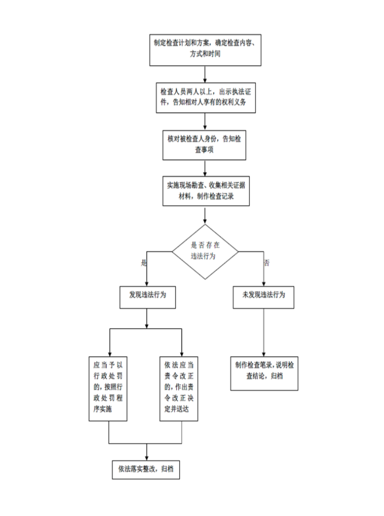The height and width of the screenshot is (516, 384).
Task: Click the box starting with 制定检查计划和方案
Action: coord(205,50)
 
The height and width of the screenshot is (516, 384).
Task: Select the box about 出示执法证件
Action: coord(205,98)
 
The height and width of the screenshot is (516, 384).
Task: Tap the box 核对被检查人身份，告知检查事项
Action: coord(204,145)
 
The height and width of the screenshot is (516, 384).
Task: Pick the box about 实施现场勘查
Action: coord(206,191)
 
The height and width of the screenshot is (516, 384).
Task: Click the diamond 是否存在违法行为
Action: coord(205,252)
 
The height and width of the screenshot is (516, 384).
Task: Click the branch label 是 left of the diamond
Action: coord(144,263)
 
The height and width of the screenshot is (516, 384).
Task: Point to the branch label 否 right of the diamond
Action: coord(266,263)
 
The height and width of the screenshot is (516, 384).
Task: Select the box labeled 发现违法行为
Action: coord(147,297)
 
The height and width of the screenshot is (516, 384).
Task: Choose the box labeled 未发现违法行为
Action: coord(263,297)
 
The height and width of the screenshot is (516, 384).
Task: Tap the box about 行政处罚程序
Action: coord(108,389)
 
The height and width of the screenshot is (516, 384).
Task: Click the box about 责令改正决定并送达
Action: coord(179,389)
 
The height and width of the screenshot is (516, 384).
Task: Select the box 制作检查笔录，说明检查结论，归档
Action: coord(264,373)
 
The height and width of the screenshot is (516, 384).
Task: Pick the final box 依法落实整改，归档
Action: coord(146,470)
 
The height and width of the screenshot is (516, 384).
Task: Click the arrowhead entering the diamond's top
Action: coord(205,222)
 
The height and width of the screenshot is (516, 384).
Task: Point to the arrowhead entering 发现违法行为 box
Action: coord(146,284)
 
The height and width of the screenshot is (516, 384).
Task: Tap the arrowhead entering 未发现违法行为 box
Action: coord(263,284)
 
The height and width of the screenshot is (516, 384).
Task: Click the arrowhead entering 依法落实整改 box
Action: coord(146,458)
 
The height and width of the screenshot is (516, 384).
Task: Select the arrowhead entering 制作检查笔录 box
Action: coord(263,354)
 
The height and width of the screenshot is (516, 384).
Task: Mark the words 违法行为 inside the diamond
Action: coord(203,256)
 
